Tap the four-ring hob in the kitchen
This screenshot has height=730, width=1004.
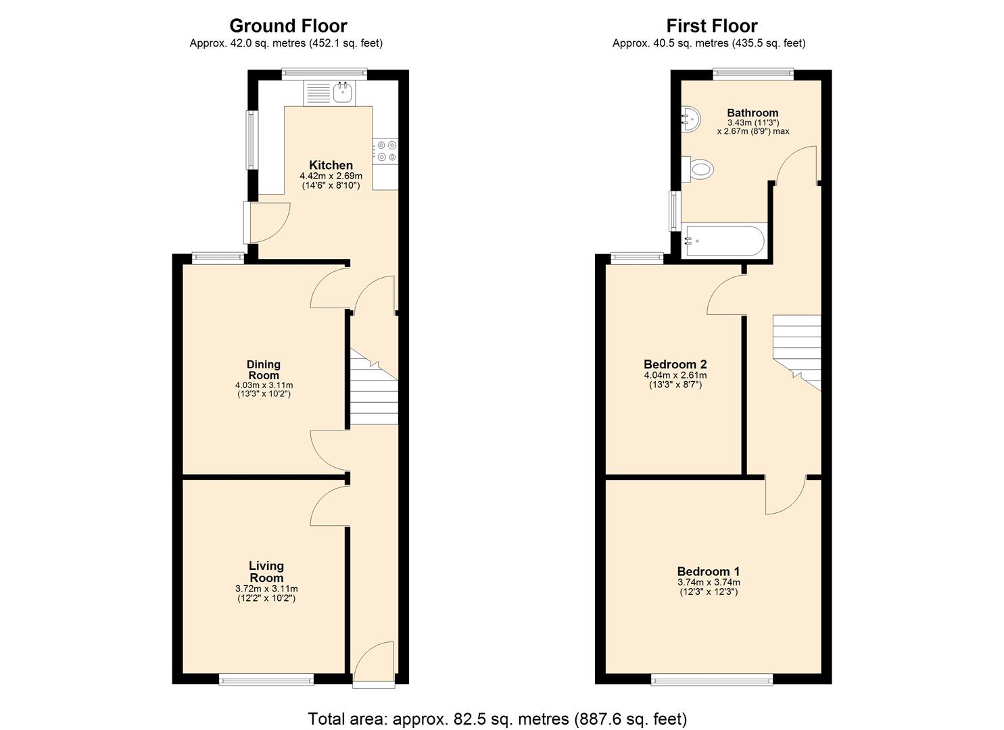(386, 151)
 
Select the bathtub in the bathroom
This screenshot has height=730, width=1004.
(724, 241)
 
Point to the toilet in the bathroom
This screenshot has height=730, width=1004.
(700, 168)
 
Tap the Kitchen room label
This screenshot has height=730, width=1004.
(331, 165)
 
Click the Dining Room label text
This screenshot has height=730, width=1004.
(263, 370)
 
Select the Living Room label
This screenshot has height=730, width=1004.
(266, 572)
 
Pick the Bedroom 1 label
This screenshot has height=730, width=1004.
(708, 571)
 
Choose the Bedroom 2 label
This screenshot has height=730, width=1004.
(675, 364)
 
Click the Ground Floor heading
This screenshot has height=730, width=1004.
(288, 26)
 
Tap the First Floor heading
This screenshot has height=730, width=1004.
(711, 26)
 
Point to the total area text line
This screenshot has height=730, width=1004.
(497, 718)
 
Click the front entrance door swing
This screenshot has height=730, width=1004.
(373, 662)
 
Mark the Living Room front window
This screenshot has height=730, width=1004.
(266, 679)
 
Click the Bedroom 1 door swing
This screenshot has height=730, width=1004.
(784, 495)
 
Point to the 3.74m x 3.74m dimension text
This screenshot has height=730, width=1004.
(708, 582)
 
